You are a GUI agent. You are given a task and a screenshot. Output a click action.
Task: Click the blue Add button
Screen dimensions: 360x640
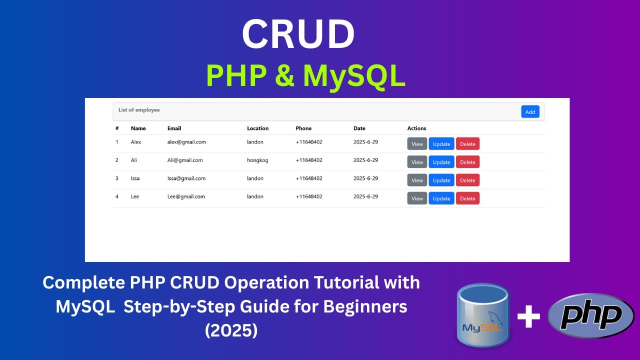click(530, 111)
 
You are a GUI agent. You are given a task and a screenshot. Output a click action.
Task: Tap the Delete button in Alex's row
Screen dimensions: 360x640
click(467, 144)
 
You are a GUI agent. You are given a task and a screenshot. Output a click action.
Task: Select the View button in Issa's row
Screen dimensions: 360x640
click(417, 180)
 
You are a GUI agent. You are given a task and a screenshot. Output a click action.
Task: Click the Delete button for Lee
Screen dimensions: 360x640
click(467, 198)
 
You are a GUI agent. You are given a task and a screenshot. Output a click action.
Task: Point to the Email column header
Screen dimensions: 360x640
click(174, 128)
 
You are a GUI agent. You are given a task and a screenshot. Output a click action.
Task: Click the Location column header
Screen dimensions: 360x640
click(257, 128)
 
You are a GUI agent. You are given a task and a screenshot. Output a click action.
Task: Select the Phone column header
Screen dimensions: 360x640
click(303, 128)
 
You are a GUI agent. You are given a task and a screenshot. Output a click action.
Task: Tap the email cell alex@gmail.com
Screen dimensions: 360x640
click(186, 142)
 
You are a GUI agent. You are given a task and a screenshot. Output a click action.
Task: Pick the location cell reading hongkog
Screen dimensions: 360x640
click(257, 160)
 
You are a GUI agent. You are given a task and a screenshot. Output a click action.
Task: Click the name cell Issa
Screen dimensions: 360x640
click(135, 178)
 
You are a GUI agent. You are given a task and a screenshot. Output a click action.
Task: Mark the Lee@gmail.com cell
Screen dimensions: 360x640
click(186, 196)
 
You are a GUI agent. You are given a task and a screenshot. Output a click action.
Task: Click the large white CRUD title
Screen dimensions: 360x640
click(298, 35)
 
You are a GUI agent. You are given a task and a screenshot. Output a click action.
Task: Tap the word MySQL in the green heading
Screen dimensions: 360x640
click(354, 76)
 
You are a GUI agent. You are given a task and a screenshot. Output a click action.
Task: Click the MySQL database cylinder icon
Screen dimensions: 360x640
click(482, 315)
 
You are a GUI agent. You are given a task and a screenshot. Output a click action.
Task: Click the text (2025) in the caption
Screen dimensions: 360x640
click(231, 330)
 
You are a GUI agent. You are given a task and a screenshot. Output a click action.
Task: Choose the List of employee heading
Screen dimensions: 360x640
click(139, 110)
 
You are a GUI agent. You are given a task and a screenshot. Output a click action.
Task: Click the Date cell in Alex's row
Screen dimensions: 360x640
click(365, 142)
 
